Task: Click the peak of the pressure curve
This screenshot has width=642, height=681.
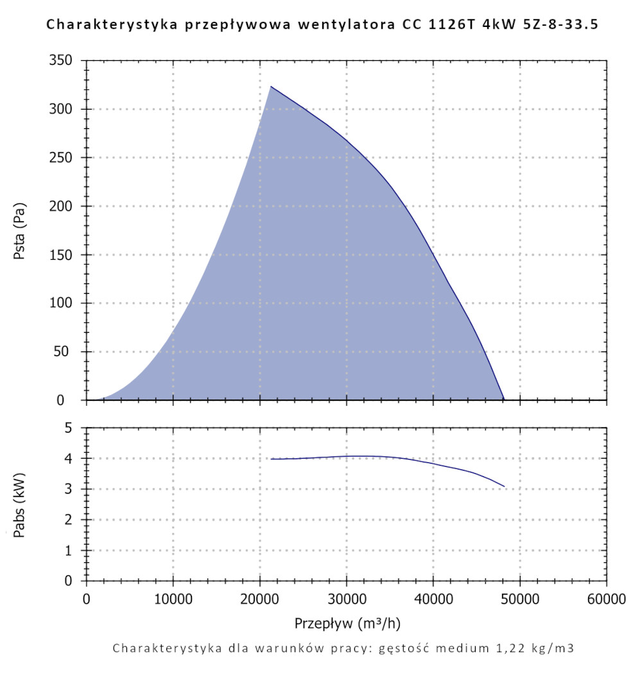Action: coord(271,87)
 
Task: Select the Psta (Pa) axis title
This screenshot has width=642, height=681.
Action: coord(20,231)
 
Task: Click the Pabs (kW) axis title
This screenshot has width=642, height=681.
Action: coord(20,504)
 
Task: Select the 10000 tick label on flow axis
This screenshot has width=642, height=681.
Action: coord(173,600)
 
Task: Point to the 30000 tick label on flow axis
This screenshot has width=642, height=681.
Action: coord(346,600)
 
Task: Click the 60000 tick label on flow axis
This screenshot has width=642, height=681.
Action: coord(605,600)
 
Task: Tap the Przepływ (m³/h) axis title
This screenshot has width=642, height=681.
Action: coord(348,623)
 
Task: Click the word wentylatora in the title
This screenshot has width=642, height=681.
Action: coord(352,26)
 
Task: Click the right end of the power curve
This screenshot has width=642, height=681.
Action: coord(505,487)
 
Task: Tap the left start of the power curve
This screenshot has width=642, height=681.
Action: coord(271,459)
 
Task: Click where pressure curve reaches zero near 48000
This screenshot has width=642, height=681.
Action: coord(505,399)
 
